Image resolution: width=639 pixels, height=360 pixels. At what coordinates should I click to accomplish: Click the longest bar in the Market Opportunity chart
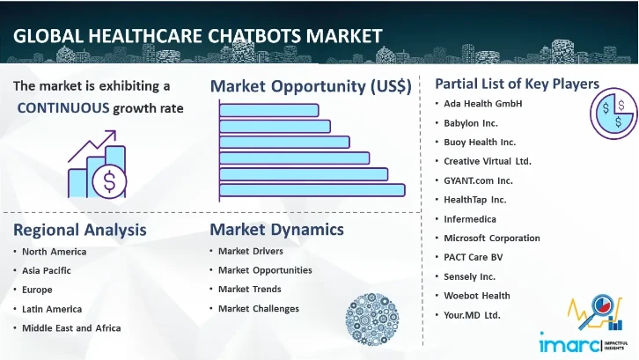(x=312, y=189)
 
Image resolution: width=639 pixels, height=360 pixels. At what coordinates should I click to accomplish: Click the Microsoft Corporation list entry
(x=492, y=238)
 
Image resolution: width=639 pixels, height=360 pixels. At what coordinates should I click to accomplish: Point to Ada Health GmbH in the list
(x=483, y=104)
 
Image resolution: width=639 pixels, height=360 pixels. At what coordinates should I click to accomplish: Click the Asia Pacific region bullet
(x=47, y=270)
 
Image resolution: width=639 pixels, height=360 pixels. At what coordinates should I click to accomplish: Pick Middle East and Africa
(x=72, y=328)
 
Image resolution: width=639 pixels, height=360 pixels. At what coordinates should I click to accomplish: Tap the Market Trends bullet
(x=249, y=290)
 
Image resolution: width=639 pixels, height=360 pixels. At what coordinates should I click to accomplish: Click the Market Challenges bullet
(x=258, y=309)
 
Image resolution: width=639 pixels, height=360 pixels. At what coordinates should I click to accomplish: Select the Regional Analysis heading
(x=80, y=231)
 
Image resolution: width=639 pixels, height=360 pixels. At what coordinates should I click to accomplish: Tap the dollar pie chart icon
(x=609, y=113)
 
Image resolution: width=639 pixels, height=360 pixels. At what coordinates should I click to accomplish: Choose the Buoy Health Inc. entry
(x=480, y=142)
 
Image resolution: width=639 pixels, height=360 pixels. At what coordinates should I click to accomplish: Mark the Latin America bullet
(x=52, y=309)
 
